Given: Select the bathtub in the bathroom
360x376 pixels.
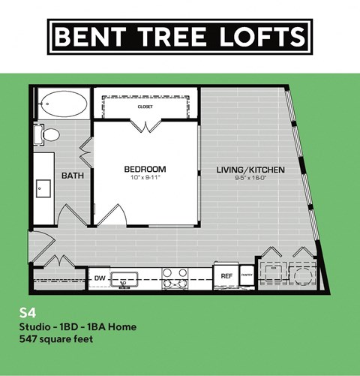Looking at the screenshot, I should point(62,104).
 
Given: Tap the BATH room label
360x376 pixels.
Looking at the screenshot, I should point(72,176).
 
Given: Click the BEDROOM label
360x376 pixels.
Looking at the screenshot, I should point(145,170).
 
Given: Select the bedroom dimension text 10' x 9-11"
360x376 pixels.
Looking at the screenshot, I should point(145,179).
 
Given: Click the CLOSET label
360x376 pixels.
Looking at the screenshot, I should point(145,107).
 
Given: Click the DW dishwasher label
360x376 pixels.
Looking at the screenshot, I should point(100,278).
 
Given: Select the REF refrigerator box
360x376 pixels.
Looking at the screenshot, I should point(226,276).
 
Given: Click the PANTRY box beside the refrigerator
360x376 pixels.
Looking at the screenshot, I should point(247,276).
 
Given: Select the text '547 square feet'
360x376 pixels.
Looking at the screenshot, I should point(57,338).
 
